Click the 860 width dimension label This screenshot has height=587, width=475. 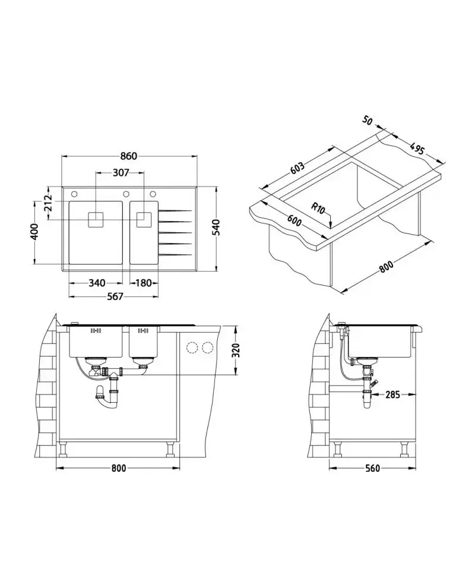(129, 156)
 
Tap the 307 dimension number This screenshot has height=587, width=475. (121, 172)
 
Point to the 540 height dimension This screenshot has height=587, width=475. (217, 228)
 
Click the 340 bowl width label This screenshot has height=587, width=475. (97, 283)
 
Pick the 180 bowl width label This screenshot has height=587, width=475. (143, 283)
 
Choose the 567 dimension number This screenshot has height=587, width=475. (115, 296)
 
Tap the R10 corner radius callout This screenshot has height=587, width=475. (318, 207)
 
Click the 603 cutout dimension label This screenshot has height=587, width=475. (297, 168)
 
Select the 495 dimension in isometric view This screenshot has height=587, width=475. (417, 149)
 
